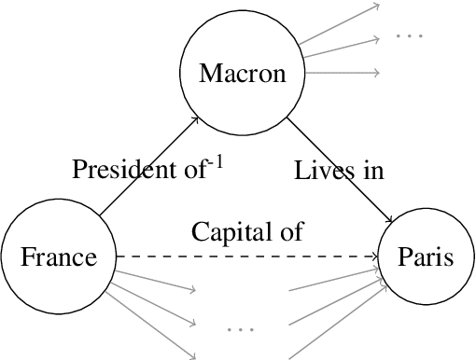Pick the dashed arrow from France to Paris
(243, 256)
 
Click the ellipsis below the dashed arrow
(241, 329)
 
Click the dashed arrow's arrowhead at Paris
(375, 256)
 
